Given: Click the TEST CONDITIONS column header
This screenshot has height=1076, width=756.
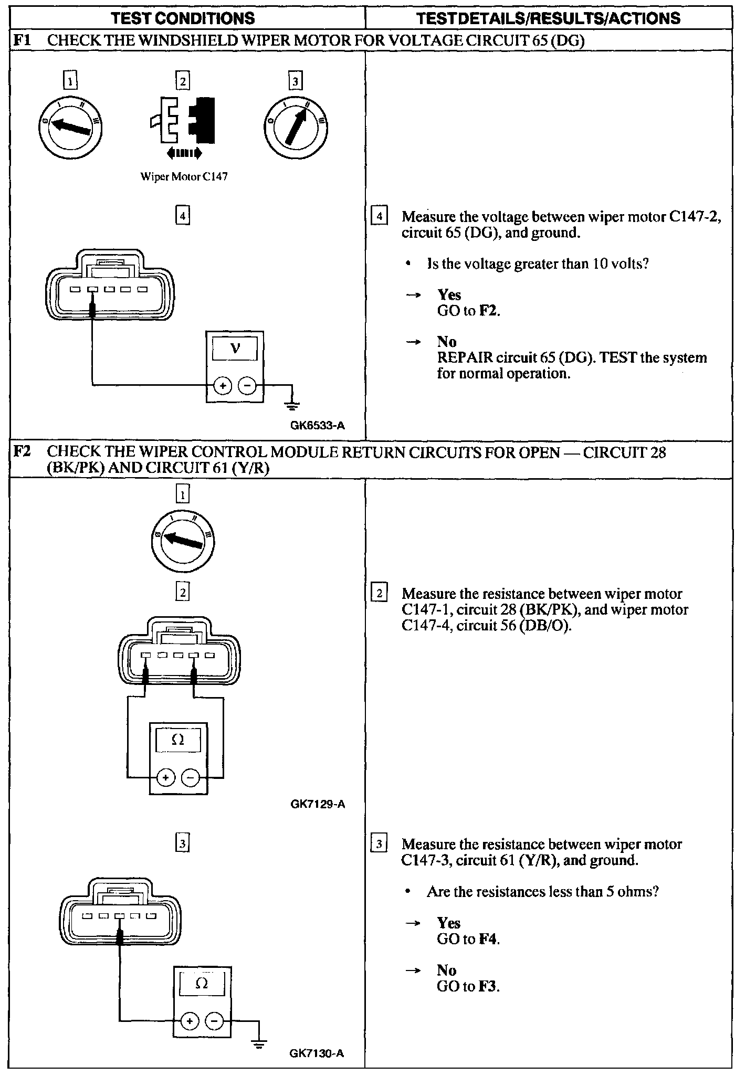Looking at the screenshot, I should [183, 19].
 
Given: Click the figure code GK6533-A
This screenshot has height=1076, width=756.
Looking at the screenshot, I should [318, 426].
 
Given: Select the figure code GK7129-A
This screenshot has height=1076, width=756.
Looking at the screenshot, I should [318, 804].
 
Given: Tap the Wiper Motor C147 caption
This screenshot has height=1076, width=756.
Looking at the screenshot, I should [184, 177].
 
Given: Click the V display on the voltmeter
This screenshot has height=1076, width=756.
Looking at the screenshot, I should [235, 349].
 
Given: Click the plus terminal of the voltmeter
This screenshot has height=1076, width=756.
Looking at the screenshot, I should [223, 386].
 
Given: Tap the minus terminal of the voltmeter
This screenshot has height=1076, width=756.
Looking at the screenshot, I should [247, 386].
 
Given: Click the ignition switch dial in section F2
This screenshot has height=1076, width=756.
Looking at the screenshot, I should [183, 541].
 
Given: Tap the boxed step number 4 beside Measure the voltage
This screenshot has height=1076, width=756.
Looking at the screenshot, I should [379, 216].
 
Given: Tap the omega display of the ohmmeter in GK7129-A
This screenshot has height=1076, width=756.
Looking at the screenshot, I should [178, 740].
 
